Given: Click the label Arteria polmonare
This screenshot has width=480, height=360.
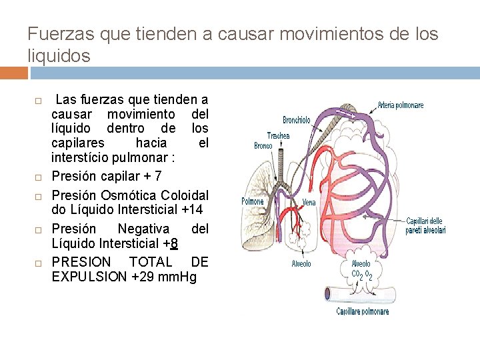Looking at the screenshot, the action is [x=400, y=105].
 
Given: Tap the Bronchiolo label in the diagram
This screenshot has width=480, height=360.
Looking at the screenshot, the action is [x=296, y=120].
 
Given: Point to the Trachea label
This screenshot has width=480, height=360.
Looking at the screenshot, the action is [x=278, y=135].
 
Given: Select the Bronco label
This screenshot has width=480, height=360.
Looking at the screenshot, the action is [x=263, y=145].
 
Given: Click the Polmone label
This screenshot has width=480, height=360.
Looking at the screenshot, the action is [x=252, y=201].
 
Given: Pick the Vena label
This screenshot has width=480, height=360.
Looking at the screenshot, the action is [x=309, y=202].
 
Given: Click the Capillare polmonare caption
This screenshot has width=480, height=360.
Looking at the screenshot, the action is [x=362, y=311].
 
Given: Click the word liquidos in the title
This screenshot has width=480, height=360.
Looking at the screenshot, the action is [x=59, y=56].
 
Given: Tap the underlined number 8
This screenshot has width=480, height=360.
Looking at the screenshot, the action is [x=173, y=243].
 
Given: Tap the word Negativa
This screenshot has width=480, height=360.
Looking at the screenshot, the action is [x=143, y=228].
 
